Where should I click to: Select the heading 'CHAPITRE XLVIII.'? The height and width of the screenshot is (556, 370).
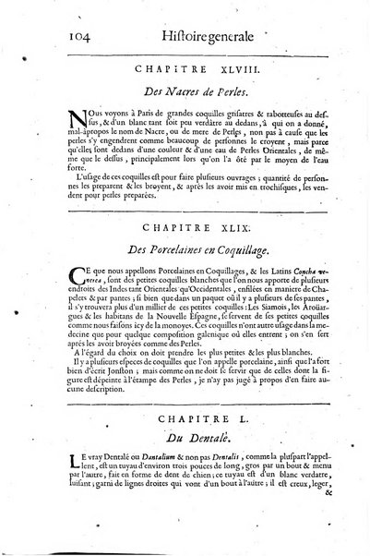click(192, 68)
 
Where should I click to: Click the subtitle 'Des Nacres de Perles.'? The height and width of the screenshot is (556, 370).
click(191, 91)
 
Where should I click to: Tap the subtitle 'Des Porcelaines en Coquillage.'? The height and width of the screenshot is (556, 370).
click(193, 249)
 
